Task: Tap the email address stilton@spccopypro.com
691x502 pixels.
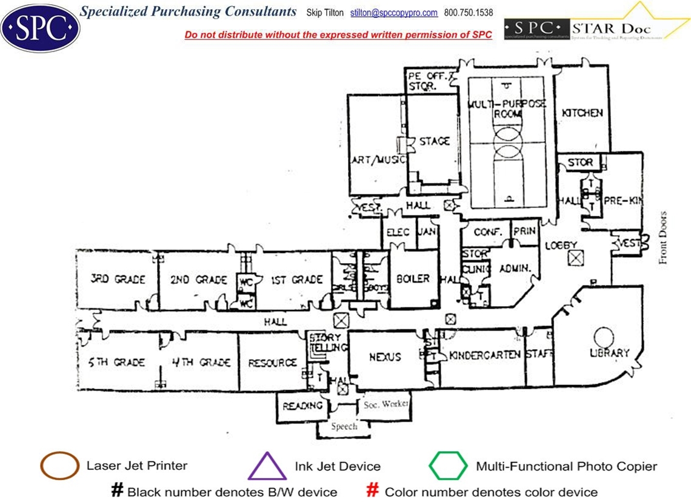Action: click(394, 13)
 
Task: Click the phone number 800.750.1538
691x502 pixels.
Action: click(469, 13)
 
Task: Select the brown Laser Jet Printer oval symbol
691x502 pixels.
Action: click(59, 466)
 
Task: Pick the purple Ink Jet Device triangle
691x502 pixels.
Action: click(267, 466)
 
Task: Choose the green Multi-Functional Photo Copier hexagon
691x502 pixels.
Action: click(448, 466)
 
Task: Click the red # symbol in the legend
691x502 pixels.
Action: click(373, 490)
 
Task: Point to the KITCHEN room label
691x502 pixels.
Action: click(582, 113)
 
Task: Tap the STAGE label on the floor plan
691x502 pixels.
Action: click(435, 141)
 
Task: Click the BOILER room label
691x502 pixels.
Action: click(413, 279)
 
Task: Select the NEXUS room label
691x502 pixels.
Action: click(385, 357)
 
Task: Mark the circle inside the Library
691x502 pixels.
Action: click(604, 336)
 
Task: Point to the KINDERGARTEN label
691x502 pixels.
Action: click(485, 355)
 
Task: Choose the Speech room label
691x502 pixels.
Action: click(344, 426)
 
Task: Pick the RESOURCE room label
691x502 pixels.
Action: click(272, 363)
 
